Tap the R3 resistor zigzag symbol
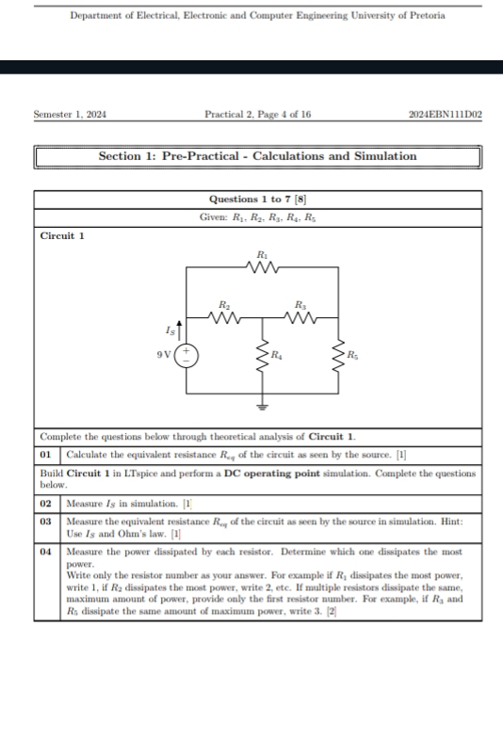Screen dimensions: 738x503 tap(300, 318)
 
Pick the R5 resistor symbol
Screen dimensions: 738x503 tap(338, 356)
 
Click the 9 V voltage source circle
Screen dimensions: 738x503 tap(187, 357)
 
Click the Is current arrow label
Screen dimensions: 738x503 tap(170, 330)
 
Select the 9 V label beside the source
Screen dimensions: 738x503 tap(165, 357)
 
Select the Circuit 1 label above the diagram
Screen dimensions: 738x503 tap(62, 235)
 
